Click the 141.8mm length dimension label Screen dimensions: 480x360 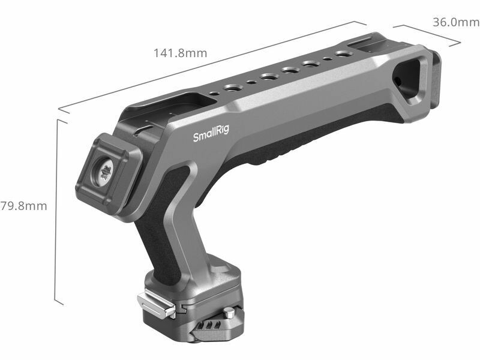[181, 53]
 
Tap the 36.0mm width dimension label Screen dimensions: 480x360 [456, 22]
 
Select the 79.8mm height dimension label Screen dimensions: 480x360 [23, 206]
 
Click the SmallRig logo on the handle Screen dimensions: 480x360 [211, 134]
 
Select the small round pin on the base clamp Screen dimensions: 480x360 [229, 313]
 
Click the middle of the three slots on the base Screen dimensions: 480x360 [209, 325]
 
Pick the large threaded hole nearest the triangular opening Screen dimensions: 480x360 [343, 54]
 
